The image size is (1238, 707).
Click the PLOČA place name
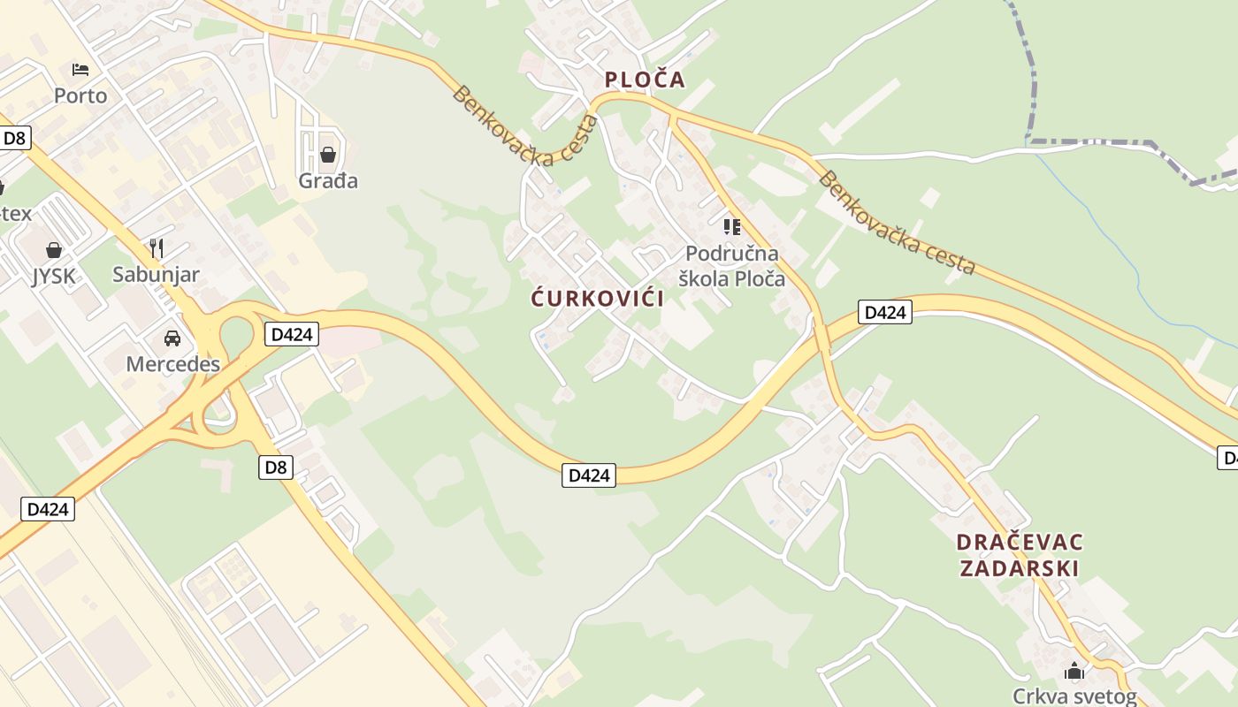(x=645, y=80)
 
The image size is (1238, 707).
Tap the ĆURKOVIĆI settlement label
(x=597, y=298)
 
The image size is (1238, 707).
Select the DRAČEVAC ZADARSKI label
(x=1020, y=555)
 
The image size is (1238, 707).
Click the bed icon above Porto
(x=80, y=69)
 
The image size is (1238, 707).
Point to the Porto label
(x=80, y=95)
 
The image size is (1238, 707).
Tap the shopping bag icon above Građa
(x=328, y=155)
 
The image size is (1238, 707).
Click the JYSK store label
(x=54, y=277)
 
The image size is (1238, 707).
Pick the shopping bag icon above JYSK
(x=54, y=250)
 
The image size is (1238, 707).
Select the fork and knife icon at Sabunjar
(x=157, y=247)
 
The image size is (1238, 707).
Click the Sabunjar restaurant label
(x=156, y=275)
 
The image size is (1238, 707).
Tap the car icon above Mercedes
(x=172, y=338)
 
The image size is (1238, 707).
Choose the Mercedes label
(x=172, y=364)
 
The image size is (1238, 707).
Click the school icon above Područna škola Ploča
(x=731, y=227)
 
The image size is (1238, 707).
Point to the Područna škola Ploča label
(x=731, y=266)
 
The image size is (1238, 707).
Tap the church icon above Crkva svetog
(x=1074, y=671)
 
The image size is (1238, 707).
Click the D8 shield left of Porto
(x=15, y=138)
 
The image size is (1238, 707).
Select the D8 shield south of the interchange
(x=276, y=467)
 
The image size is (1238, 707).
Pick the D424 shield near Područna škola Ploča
(x=884, y=312)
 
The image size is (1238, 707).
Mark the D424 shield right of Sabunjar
(x=291, y=334)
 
